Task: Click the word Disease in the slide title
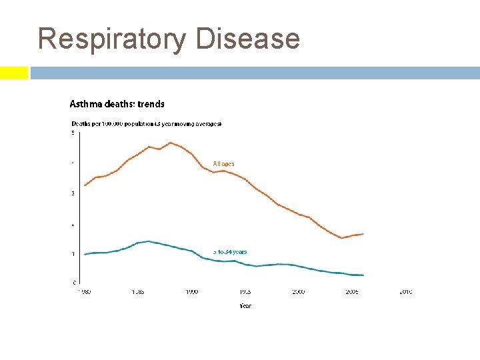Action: (248, 39)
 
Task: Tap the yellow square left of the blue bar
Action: (13, 73)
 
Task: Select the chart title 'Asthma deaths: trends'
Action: (117, 104)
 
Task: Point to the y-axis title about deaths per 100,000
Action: (146, 124)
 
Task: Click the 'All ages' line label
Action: (223, 163)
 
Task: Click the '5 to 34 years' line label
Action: (230, 252)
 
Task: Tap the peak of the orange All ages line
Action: (171, 143)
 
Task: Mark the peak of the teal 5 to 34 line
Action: (148, 241)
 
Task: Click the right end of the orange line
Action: (363, 234)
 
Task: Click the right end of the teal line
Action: (363, 275)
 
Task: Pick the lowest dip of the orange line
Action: (342, 238)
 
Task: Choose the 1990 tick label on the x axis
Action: (191, 292)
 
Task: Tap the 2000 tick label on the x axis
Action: (298, 292)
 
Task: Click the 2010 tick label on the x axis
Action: (405, 292)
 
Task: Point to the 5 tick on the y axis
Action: (73, 133)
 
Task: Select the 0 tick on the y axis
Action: (73, 283)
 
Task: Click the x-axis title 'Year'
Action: (245, 306)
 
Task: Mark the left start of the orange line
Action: (85, 185)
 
